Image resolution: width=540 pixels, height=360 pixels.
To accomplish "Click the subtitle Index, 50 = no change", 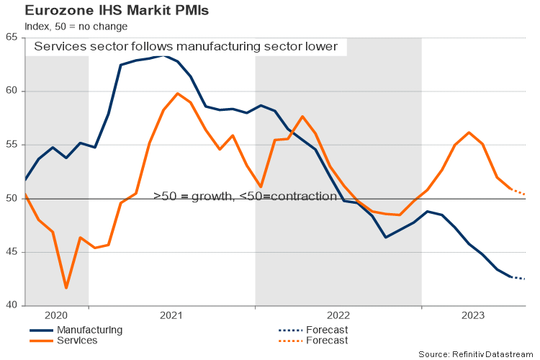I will tap(76, 27).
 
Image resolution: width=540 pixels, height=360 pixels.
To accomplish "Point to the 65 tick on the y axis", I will tap(12, 37).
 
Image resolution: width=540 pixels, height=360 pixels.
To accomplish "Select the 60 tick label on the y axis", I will tap(12, 91).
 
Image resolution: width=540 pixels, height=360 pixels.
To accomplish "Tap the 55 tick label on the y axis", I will tap(12, 145).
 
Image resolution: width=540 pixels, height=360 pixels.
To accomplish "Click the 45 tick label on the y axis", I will tap(12, 252).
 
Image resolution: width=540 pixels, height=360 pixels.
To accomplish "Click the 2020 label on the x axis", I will tap(55, 315).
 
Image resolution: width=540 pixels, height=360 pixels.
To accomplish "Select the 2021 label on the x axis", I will tap(171, 315).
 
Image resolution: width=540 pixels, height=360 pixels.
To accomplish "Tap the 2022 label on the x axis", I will tap(338, 315).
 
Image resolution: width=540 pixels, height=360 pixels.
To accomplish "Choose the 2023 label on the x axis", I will tap(473, 315).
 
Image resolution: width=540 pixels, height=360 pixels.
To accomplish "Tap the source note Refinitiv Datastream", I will tap(476, 354).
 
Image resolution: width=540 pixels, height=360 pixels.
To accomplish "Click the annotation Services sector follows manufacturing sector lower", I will tap(186, 47).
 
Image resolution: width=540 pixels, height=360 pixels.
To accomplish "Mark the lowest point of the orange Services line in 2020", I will tap(66, 288).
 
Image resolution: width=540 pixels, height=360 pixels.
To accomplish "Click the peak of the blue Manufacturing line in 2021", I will tap(164, 55).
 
